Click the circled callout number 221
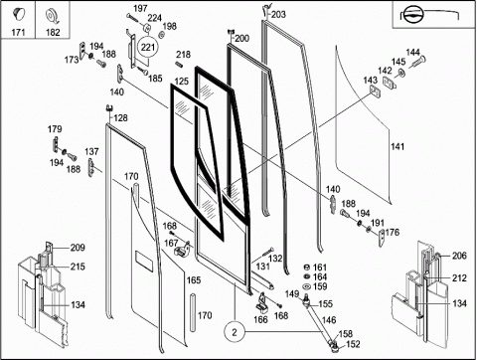tap(148, 47)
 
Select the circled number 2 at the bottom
tap(235, 332)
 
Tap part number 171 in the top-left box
tap(18, 32)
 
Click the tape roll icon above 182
tap(53, 16)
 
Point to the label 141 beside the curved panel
tap(397, 146)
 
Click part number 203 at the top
tap(278, 14)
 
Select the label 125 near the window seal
tap(182, 82)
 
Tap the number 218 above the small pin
tap(183, 55)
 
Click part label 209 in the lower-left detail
tap(78, 248)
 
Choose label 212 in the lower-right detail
tap(459, 278)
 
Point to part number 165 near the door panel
tap(194, 280)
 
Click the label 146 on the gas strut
tap(329, 320)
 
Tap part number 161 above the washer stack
tap(320, 268)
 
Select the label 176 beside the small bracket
tap(393, 233)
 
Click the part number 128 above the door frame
tap(120, 118)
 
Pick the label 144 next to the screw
tap(412, 53)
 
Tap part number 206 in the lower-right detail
tap(459, 256)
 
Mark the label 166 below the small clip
tap(260, 319)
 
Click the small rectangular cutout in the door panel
tap(144, 262)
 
